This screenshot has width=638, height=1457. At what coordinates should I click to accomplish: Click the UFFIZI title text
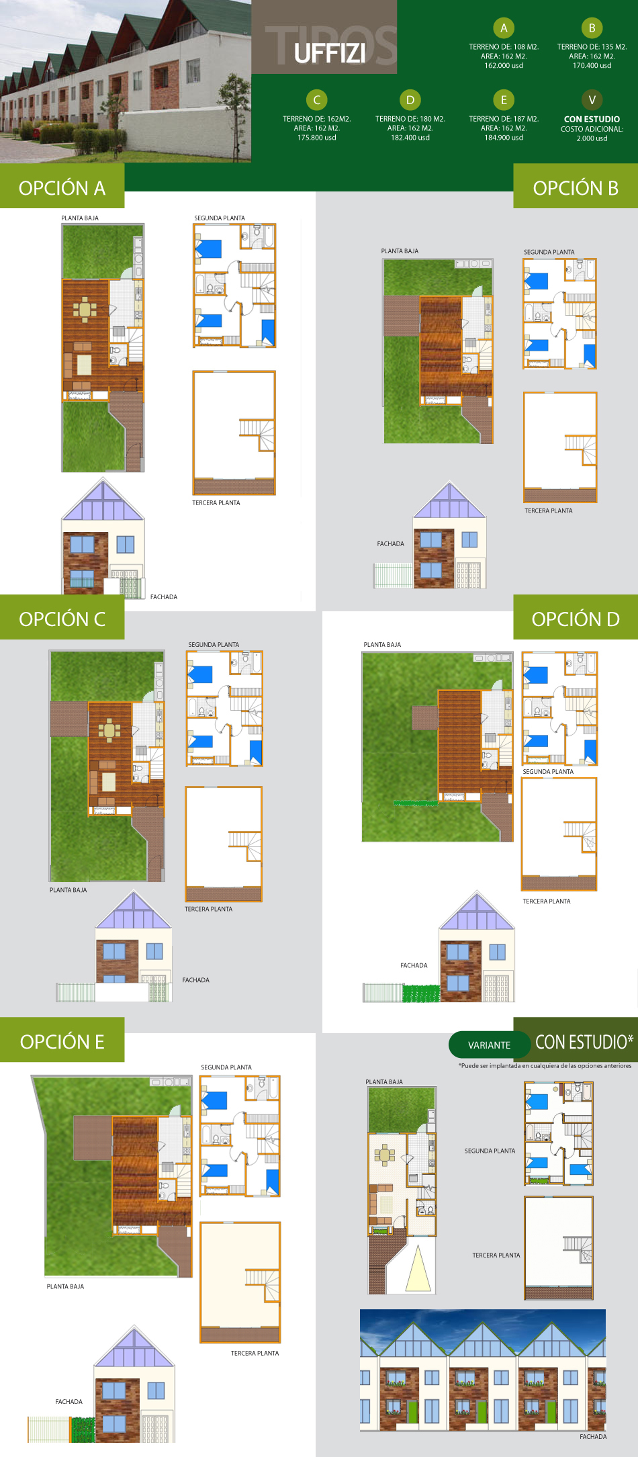(330, 52)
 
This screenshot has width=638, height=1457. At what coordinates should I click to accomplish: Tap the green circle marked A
(504, 28)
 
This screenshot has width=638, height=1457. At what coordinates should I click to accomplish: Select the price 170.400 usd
(592, 66)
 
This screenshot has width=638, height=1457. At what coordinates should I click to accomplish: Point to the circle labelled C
(316, 100)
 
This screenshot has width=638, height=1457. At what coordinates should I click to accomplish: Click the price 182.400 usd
(410, 138)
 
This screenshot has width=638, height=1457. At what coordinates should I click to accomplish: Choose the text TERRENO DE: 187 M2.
(504, 119)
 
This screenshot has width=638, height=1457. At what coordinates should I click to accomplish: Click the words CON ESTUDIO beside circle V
(592, 119)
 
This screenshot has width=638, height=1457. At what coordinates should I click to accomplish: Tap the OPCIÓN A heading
(62, 188)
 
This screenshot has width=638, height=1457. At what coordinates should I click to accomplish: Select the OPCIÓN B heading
(576, 188)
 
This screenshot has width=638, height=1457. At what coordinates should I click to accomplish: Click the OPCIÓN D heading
(576, 619)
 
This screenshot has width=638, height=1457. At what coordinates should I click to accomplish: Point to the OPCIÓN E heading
(62, 1042)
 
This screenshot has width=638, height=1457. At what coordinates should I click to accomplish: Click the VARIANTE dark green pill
(489, 1045)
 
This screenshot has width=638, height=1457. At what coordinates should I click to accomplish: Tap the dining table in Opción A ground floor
(85, 310)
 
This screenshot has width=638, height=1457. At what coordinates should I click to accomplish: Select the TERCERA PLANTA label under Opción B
(548, 511)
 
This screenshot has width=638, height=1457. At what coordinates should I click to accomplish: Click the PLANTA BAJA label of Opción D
(382, 645)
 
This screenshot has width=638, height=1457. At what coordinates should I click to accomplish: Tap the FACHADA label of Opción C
(195, 980)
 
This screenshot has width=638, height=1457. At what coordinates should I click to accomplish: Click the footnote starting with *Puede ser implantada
(545, 1065)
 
